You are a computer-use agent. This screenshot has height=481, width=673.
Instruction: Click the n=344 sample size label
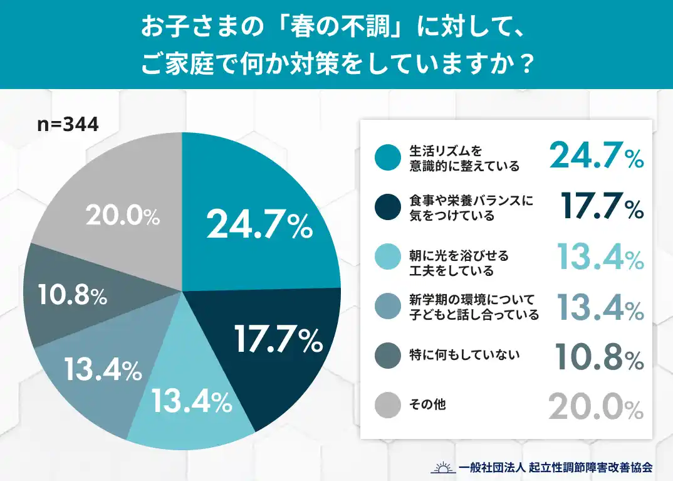point(68,124)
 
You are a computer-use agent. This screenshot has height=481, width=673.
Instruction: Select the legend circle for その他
point(387,404)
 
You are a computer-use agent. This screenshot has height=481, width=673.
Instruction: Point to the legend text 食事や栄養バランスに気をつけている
point(471,208)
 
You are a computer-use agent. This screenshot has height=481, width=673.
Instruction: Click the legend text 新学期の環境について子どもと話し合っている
point(474,307)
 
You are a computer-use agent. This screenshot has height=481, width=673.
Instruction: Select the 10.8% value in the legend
point(599,359)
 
